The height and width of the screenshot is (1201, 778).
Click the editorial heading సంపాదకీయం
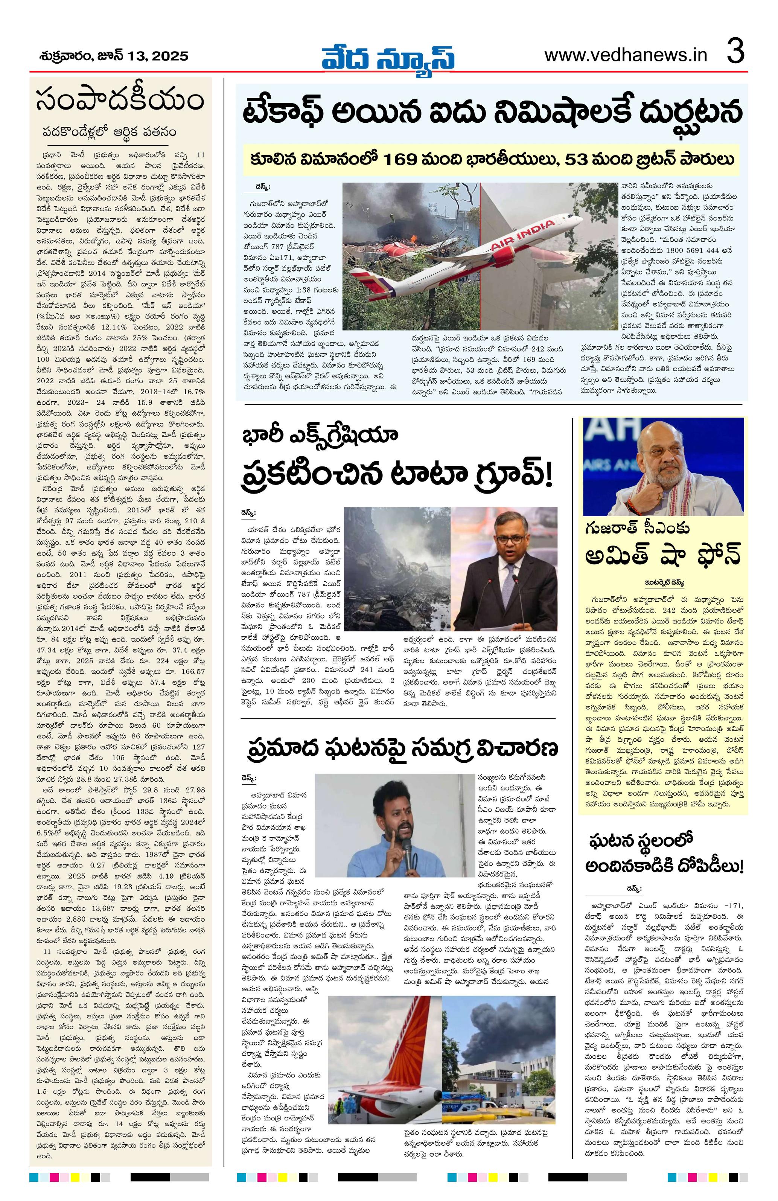tap(120, 101)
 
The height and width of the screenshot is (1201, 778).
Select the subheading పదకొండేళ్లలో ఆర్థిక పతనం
tap(110, 131)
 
